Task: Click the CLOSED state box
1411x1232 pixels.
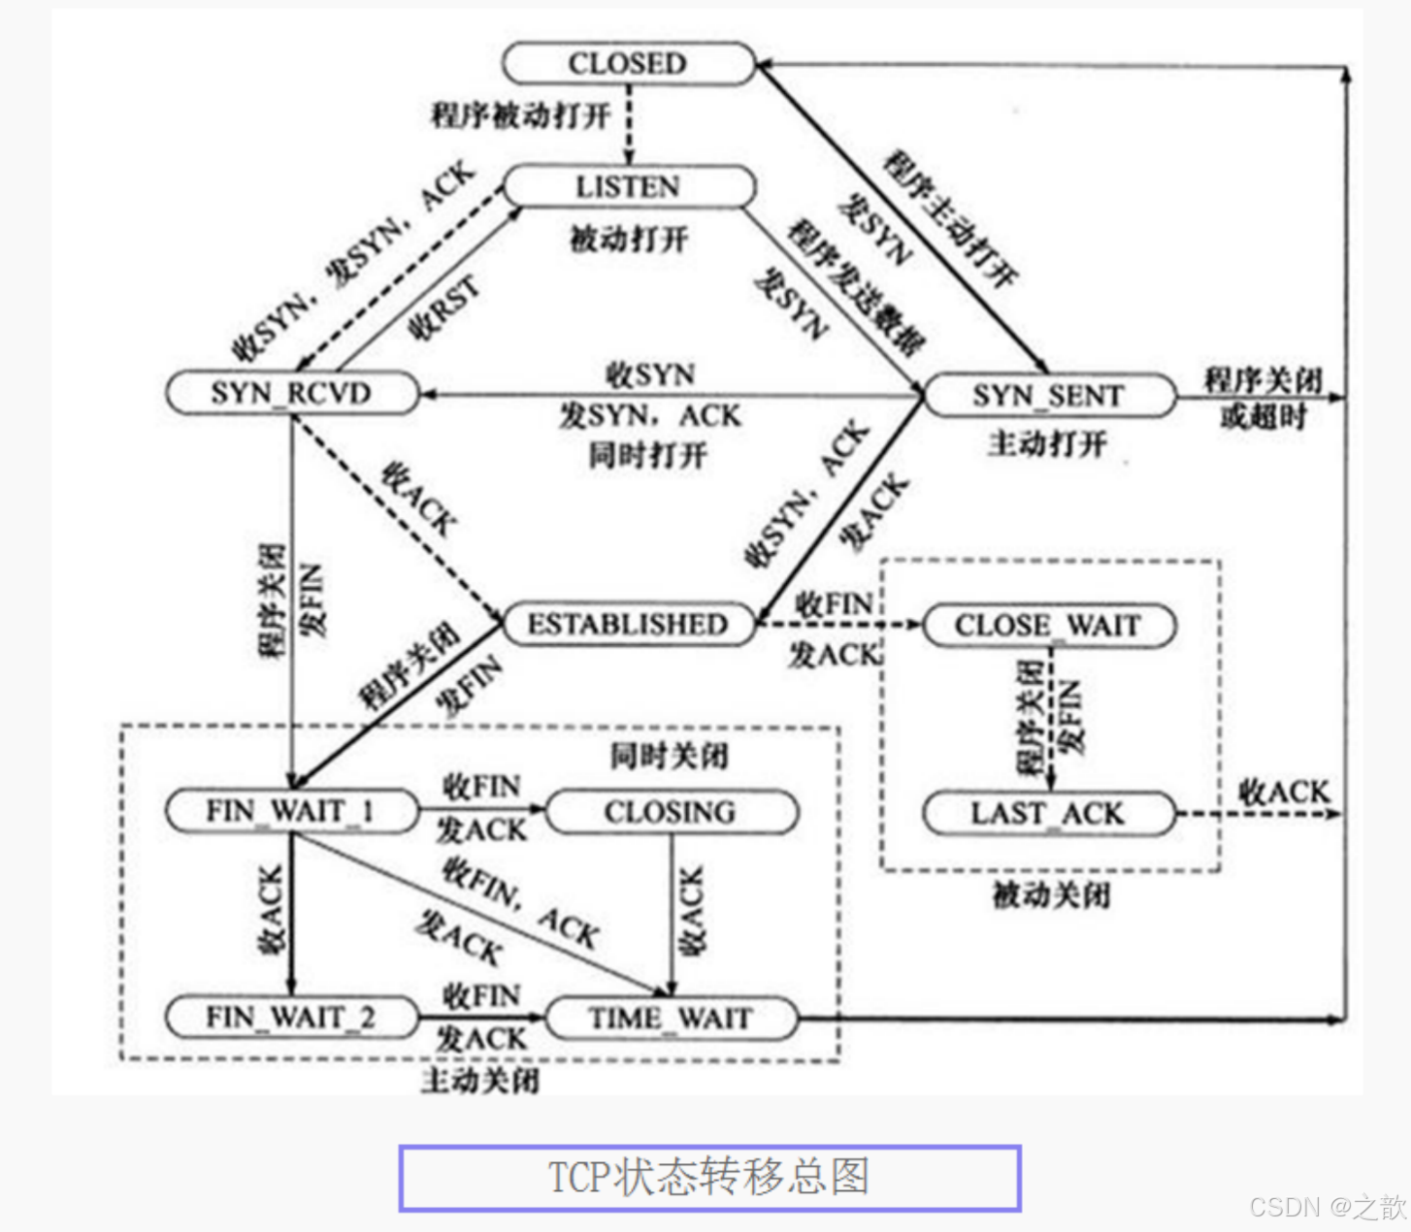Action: click(x=628, y=64)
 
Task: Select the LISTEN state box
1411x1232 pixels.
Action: click(x=628, y=186)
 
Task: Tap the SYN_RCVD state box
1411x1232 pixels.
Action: click(x=291, y=393)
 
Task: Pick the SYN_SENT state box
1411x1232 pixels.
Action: click(x=1048, y=396)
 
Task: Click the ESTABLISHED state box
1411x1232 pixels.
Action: click(x=628, y=625)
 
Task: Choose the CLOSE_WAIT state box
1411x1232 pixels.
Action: click(x=1048, y=626)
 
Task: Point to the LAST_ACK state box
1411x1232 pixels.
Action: click(x=1048, y=814)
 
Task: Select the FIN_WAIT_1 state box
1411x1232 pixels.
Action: click(x=291, y=811)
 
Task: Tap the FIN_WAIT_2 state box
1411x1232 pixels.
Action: click(x=291, y=1018)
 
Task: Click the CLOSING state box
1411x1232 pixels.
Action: click(x=671, y=812)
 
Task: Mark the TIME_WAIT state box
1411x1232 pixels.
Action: click(x=671, y=1019)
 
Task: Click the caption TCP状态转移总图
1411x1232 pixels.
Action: click(x=709, y=1178)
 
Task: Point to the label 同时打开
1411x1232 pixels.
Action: click(x=648, y=455)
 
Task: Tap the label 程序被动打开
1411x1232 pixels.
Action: click(x=521, y=115)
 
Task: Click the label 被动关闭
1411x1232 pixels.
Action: click(x=1051, y=894)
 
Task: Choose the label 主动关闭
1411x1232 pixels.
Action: click(x=480, y=1080)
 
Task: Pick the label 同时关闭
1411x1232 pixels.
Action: click(x=669, y=756)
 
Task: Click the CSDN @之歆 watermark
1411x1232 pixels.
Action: click(x=1327, y=1207)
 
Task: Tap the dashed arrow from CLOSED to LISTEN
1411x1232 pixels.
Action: click(x=629, y=126)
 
